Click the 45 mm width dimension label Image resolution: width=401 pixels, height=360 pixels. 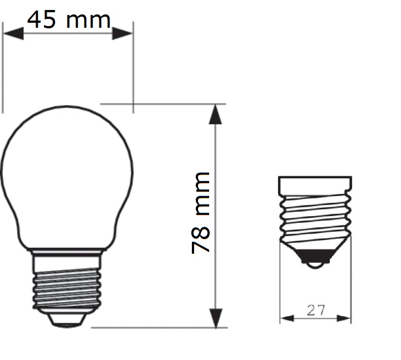click(x=69, y=19)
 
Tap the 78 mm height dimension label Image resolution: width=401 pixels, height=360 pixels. click(x=201, y=213)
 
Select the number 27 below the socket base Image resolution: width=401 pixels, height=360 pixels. click(x=316, y=310)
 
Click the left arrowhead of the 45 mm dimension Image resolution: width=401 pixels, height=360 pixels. click(x=13, y=33)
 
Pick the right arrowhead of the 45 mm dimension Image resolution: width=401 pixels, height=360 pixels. click(x=122, y=33)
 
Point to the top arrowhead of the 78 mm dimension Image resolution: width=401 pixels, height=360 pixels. click(x=215, y=114)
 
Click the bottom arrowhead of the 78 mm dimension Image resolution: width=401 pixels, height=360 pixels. click(x=216, y=318)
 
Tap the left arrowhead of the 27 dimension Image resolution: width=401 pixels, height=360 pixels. click(x=287, y=318)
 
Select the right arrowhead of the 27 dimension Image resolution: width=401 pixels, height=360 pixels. click(x=344, y=318)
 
